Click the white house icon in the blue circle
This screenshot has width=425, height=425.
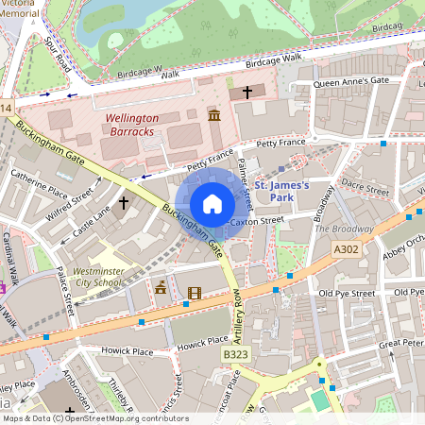(212, 204)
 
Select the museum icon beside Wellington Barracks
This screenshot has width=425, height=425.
(213, 114)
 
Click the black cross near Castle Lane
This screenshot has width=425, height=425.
(123, 203)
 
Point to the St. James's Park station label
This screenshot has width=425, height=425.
(281, 192)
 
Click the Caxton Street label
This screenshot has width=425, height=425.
(257, 220)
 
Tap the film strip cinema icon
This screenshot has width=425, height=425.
(194, 294)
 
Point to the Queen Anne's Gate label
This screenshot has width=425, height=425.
(350, 82)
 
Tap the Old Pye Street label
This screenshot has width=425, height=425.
(348, 294)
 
